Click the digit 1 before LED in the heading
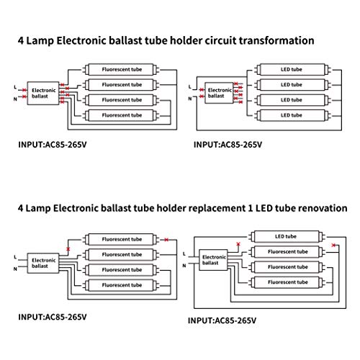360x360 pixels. point(251,208)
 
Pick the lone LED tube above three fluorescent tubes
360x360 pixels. point(286,237)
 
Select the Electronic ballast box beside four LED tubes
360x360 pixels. point(219,93)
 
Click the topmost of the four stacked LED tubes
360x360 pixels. point(292,70)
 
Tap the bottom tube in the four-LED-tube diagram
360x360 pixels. point(292,115)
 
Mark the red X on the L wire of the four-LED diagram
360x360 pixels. point(202,89)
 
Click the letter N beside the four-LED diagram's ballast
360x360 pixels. point(189,99)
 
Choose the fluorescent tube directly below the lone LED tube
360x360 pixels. point(287,252)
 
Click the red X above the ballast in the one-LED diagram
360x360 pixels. point(238,244)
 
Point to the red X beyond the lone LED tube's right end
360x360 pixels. point(333,245)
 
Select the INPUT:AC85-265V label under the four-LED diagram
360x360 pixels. point(228,145)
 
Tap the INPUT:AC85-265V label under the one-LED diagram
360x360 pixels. point(222,320)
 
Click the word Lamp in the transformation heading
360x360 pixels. point(40,41)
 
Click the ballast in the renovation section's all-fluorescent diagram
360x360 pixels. point(43,263)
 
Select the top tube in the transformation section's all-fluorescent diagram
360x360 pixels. point(121,70)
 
